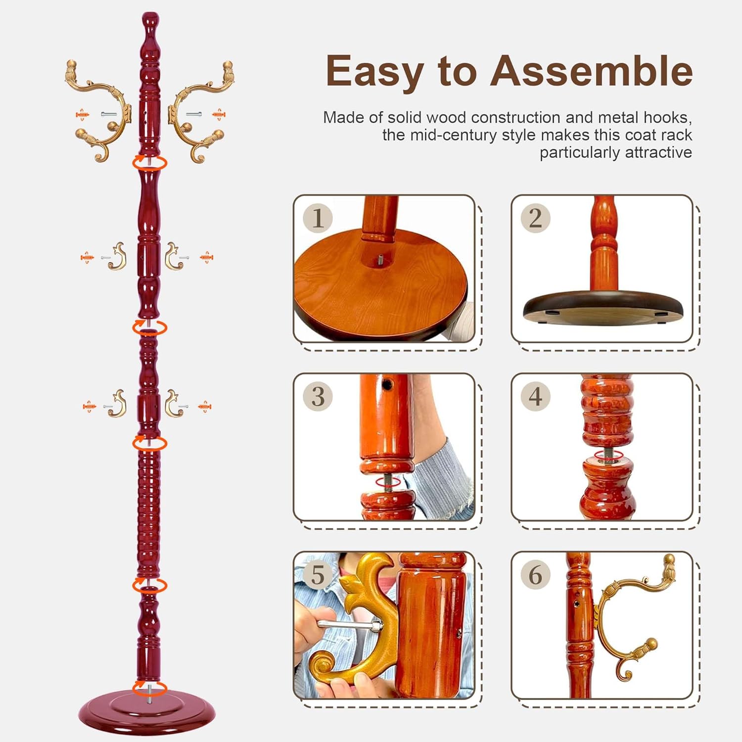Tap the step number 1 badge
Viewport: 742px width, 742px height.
(x=318, y=218)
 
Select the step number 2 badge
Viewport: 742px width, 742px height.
(x=535, y=218)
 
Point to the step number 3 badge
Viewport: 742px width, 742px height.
(x=318, y=396)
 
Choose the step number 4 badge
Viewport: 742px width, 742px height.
(x=535, y=396)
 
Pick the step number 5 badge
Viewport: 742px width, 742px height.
(x=318, y=574)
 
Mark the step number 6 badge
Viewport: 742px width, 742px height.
(x=535, y=574)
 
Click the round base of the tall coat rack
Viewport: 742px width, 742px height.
(x=147, y=712)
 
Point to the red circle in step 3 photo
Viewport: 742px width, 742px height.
(x=388, y=482)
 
